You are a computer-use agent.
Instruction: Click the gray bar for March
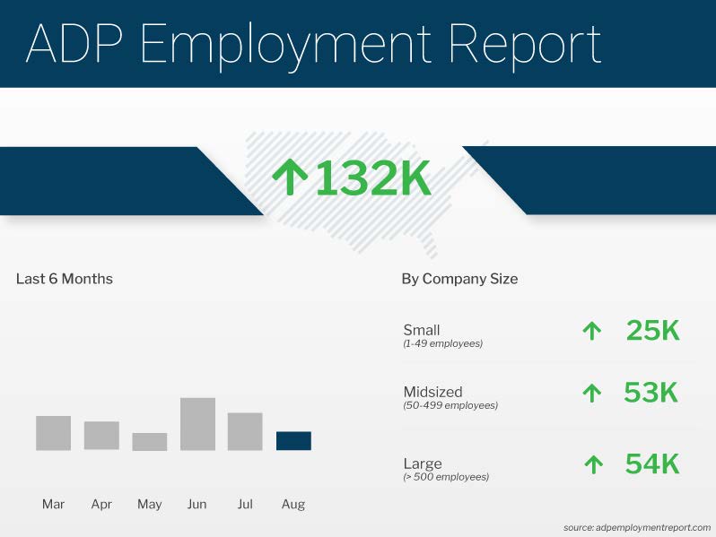point(53,433)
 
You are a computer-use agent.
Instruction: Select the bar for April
point(101,436)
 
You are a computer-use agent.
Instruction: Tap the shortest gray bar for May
point(150,442)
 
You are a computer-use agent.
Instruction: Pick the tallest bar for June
point(197,424)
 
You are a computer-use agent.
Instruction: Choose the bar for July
point(245,431)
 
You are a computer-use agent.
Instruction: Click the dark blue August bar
point(293,441)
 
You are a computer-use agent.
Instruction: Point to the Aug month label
point(293,505)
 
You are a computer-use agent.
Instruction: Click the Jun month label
point(197,505)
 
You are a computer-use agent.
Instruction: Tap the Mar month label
point(53,505)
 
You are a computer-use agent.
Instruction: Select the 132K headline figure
point(372,179)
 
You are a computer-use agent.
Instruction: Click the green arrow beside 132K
point(289,178)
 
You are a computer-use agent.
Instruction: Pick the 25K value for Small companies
point(652,331)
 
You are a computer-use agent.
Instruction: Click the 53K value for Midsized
point(651,393)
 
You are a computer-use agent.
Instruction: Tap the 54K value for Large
point(651,464)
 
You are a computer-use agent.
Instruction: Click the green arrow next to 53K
point(592,393)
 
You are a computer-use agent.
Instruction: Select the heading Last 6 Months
point(65,279)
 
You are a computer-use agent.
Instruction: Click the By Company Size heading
point(459,279)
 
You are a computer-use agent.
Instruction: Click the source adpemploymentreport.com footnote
point(637,528)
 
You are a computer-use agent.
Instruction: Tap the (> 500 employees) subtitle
point(446,478)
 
